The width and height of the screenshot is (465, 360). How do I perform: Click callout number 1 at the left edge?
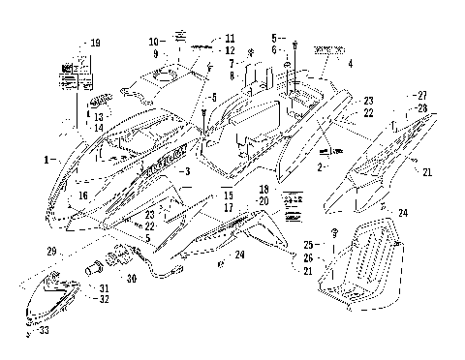46,156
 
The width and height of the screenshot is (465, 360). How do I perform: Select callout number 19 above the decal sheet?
95,44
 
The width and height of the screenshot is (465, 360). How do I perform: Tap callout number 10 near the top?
153,42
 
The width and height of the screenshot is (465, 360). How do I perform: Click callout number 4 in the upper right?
351,62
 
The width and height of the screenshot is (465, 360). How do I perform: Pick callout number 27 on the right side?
422,94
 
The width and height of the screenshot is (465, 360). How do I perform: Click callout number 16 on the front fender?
83,195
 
